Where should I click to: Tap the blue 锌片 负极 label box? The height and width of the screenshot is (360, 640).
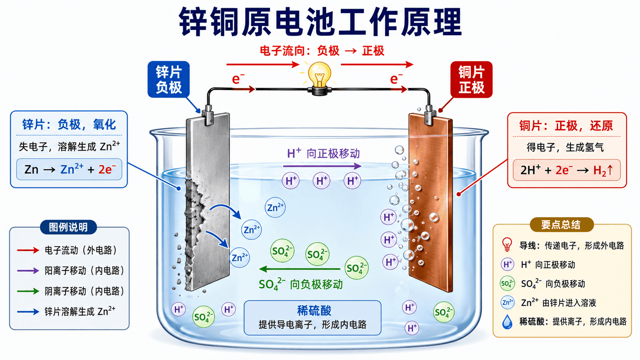(x=168, y=79)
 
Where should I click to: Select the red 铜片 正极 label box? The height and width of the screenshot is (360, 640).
(x=472, y=79)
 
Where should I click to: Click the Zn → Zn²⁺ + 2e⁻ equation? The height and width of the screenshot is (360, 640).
(x=69, y=169)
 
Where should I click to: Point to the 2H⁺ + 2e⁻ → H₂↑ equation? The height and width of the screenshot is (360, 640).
(x=567, y=170)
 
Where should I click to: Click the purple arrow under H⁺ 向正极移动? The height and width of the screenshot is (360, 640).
(x=322, y=166)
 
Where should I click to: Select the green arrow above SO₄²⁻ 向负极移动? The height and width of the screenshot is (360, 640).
(x=299, y=269)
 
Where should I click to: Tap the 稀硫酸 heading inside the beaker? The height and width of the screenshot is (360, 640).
(x=314, y=311)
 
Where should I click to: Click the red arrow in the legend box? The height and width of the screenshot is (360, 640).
(x=28, y=250)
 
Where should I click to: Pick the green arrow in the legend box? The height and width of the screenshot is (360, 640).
(x=28, y=291)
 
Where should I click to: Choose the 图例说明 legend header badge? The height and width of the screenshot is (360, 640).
(x=68, y=227)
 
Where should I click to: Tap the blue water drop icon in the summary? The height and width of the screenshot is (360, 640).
(x=507, y=322)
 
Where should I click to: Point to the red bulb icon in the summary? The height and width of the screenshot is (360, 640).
(x=507, y=245)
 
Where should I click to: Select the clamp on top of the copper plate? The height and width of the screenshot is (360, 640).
(x=429, y=115)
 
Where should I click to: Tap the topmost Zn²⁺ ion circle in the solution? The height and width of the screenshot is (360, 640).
(x=275, y=208)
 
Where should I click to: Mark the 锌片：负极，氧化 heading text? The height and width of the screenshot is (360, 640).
(x=69, y=125)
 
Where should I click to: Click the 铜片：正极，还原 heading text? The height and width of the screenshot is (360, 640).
(x=566, y=126)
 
